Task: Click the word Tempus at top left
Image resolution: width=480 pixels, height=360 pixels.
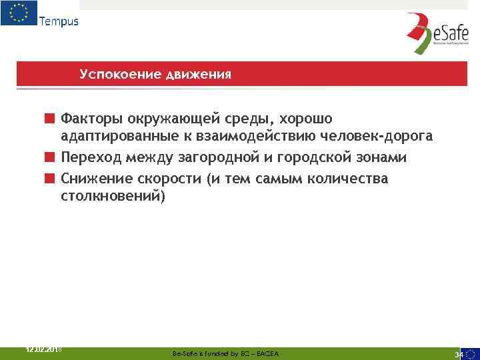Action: pos(59,21)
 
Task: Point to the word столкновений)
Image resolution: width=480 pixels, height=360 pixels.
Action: pos(111,197)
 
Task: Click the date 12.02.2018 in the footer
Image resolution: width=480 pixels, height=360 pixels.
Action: pos(43,349)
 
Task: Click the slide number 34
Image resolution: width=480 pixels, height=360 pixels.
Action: pos(459,354)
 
